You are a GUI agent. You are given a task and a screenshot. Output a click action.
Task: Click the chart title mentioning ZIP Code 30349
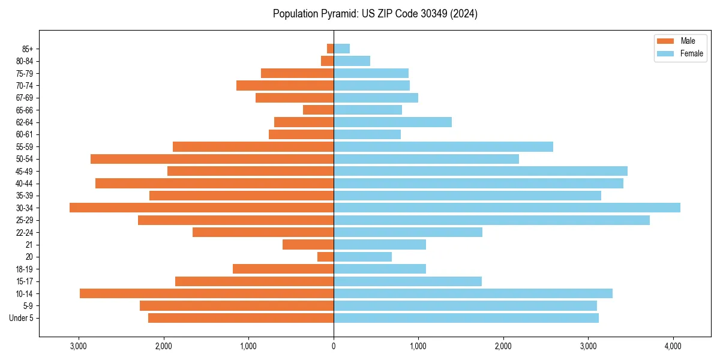click(375, 14)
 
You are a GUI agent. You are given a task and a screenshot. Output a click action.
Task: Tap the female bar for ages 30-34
click(507, 208)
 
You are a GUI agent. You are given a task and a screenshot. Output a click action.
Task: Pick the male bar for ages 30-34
click(202, 208)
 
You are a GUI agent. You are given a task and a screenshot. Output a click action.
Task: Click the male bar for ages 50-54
click(212, 159)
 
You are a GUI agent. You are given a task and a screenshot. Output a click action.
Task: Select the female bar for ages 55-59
click(443, 146)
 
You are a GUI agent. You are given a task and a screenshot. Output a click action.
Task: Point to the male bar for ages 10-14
click(206, 293)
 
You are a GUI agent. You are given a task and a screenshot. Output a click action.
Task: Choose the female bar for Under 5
click(466, 318)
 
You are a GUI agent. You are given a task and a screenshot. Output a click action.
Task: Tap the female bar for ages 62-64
click(392, 122)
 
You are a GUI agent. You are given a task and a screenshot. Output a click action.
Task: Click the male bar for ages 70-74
click(285, 85)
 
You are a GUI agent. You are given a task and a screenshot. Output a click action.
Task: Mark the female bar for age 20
click(362, 257)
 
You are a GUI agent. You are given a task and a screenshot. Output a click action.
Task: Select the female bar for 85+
click(341, 49)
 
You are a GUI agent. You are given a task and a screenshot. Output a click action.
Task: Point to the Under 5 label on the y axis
click(21, 318)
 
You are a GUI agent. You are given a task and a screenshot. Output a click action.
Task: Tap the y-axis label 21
click(29, 245)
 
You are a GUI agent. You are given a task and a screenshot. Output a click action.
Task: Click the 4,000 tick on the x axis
click(673, 346)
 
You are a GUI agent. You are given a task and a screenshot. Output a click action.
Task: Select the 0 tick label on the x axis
click(334, 346)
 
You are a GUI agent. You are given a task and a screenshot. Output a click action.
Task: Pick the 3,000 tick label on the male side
click(79, 346)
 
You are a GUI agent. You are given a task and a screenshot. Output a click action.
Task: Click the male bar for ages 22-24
click(263, 232)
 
